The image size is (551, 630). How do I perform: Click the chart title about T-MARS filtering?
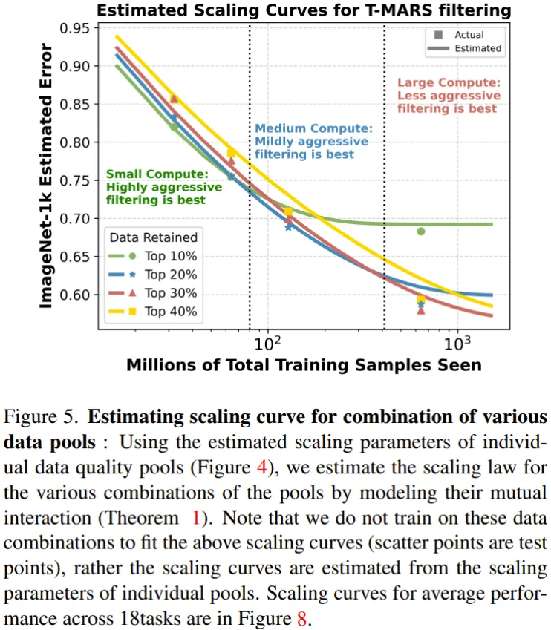coord(304,10)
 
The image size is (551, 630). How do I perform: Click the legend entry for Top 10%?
coord(170,256)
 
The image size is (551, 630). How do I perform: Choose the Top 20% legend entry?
coord(170,275)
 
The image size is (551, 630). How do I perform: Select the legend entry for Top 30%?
coord(170,293)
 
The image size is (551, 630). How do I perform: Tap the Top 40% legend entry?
coord(170,312)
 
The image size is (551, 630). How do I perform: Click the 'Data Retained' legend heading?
coord(153,237)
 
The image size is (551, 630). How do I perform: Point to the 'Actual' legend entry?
coord(468,35)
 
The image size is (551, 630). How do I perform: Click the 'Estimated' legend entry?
coord(477,49)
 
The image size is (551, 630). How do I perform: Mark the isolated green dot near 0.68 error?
coord(421,232)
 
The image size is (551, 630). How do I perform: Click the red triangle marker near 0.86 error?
coord(174,99)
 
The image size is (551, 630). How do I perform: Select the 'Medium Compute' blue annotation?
coord(311,141)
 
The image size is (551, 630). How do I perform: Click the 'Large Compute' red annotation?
coord(449,96)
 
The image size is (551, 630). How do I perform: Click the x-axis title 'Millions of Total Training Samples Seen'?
coord(304,364)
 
